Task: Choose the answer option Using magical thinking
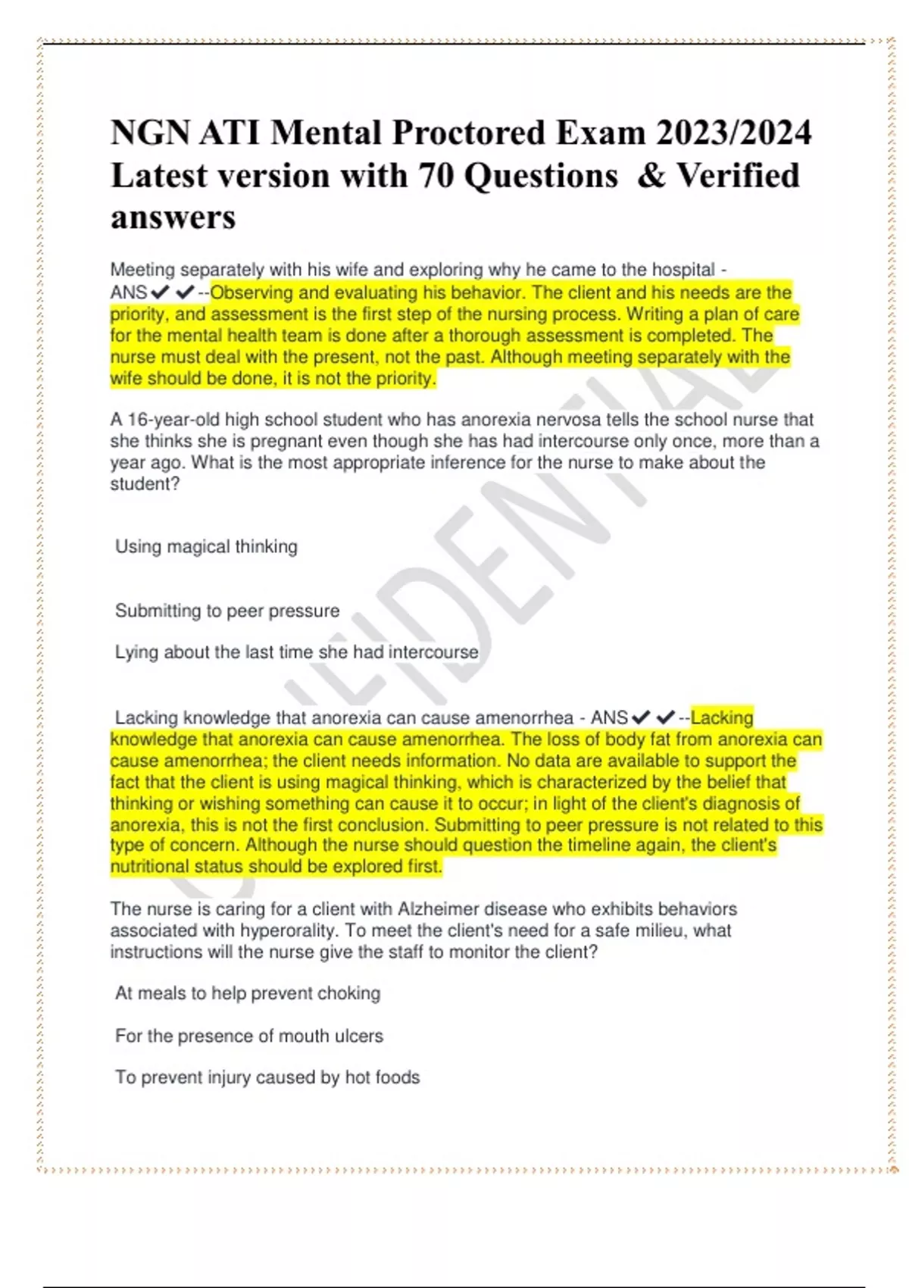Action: tap(206, 546)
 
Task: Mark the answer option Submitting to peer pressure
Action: tap(227, 611)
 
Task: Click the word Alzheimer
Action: tap(439, 909)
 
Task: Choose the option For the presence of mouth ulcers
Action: tap(249, 1036)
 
